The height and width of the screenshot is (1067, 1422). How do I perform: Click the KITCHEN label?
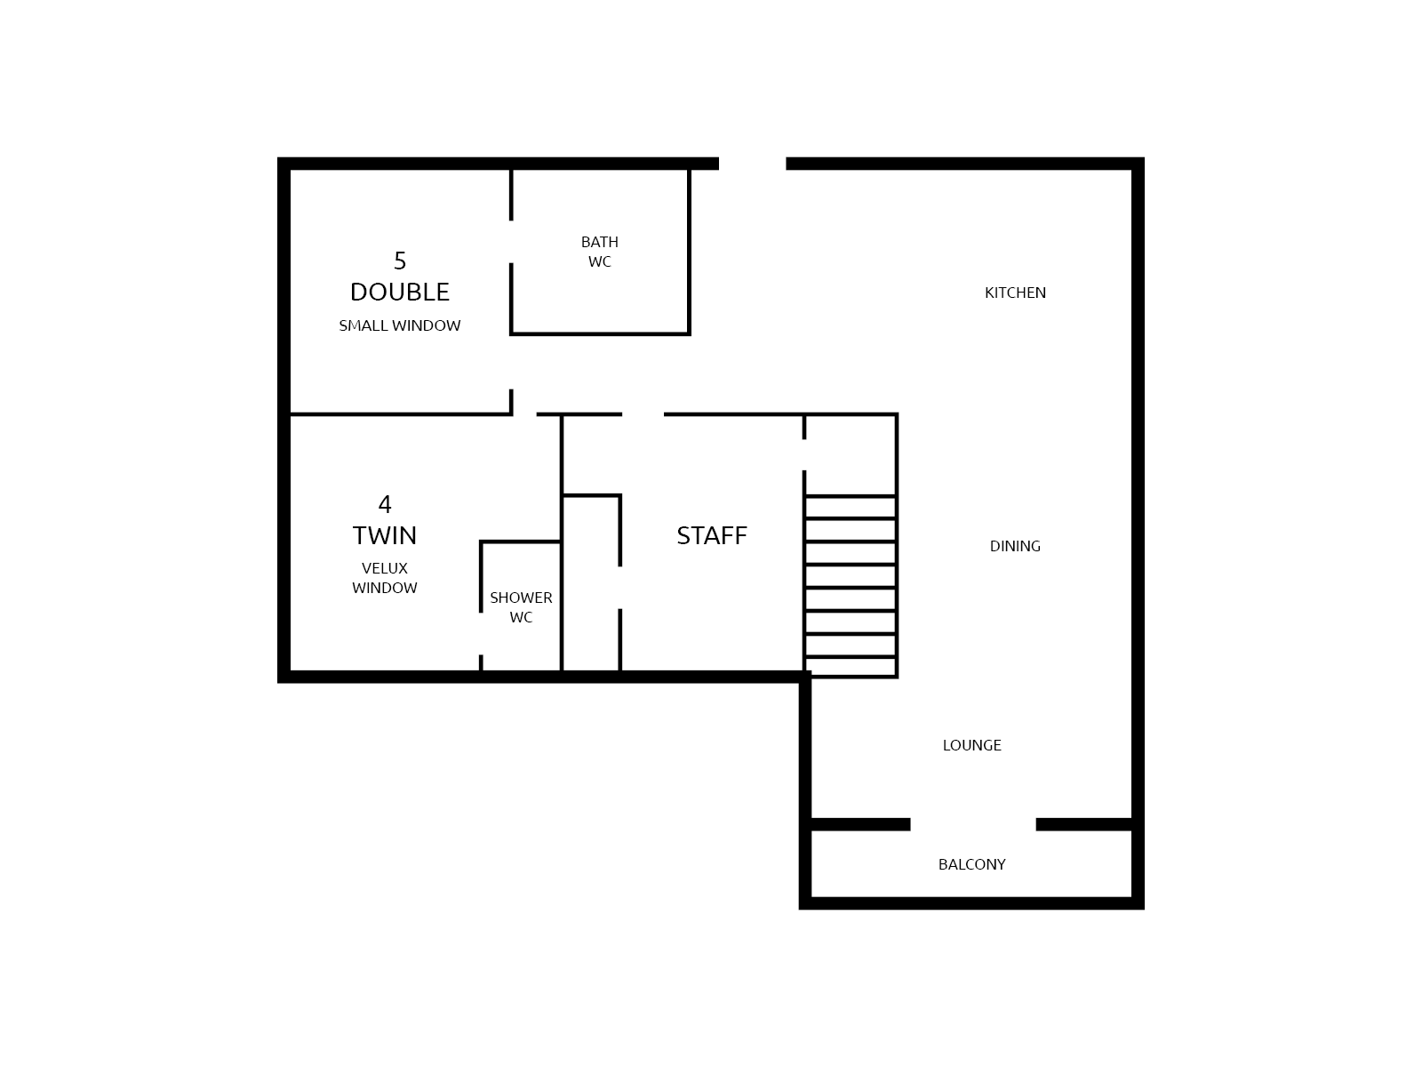tap(1015, 293)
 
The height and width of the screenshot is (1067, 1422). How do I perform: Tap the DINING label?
tap(1015, 546)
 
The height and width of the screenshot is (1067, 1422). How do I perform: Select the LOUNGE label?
tap(971, 745)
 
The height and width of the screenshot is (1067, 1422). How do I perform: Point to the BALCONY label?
tap(971, 864)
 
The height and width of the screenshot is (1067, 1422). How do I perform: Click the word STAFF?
tap(712, 536)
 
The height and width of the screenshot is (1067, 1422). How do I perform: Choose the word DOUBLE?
tap(400, 293)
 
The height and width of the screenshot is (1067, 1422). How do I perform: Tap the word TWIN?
tap(385, 536)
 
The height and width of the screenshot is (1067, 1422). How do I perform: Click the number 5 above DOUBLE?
tap(400, 261)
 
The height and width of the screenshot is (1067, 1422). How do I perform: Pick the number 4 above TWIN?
tap(385, 505)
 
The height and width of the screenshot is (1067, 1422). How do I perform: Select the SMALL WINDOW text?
tap(400, 325)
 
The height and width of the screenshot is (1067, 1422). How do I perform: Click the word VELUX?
tap(385, 569)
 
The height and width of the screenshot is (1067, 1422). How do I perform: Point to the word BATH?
tap(599, 242)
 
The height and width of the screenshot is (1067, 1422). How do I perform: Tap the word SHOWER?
tap(521, 598)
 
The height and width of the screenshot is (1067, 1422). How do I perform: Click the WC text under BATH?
tap(599, 261)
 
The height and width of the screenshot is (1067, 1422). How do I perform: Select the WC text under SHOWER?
tap(521, 617)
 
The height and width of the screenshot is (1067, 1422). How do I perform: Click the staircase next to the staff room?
tap(851, 586)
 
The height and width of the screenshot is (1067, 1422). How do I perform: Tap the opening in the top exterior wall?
tap(752, 164)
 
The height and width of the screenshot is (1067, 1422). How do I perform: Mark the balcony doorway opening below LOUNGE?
tap(973, 825)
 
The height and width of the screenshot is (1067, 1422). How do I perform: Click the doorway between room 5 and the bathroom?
tap(511, 242)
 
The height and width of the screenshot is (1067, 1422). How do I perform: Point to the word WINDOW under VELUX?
tap(385, 589)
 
